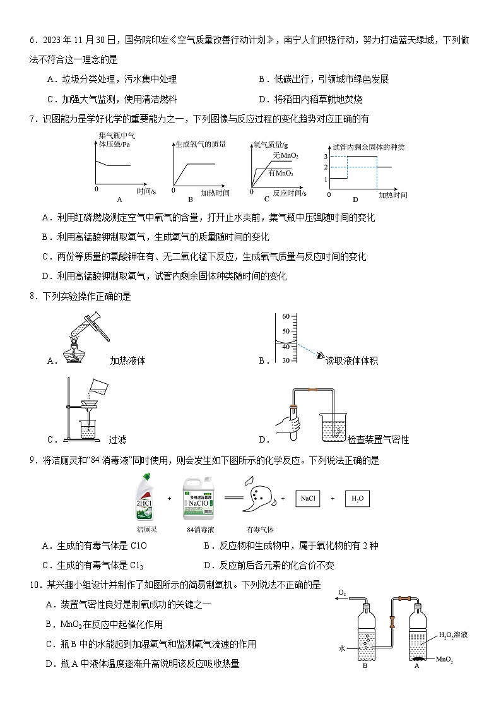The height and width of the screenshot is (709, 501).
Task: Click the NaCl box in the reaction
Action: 307,499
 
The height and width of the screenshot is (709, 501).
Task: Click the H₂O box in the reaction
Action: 357,499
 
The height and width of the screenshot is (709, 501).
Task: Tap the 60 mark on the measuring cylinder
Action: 285,316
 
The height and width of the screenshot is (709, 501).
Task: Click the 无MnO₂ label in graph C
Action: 285,156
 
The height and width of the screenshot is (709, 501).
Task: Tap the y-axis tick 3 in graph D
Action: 326,156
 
